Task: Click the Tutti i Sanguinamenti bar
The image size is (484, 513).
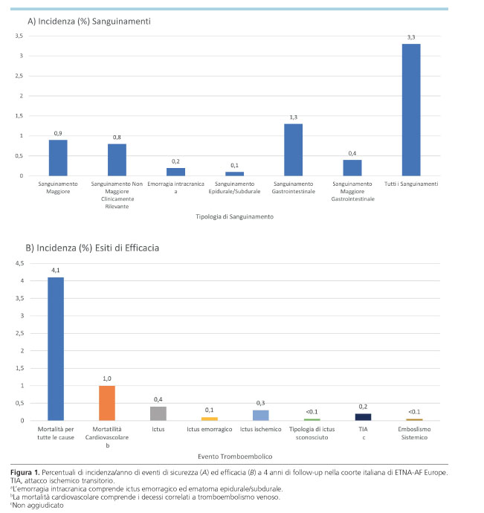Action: click(x=411, y=109)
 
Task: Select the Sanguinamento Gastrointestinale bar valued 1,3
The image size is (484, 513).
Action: click(x=293, y=149)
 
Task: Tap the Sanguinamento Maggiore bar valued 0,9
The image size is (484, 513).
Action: click(x=58, y=158)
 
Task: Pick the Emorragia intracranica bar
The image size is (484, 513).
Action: click(x=175, y=172)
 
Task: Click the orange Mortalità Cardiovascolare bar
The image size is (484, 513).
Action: click(x=106, y=403)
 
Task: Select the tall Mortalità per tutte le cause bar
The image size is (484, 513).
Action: click(x=55, y=349)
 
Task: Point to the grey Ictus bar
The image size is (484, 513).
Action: click(x=158, y=413)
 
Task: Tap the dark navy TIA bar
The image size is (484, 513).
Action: click(x=362, y=417)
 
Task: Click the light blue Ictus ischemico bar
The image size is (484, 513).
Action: click(x=259, y=416)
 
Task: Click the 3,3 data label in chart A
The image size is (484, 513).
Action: click(x=411, y=38)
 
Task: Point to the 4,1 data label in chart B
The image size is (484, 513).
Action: click(x=55, y=271)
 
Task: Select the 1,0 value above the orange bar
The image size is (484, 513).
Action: click(x=106, y=379)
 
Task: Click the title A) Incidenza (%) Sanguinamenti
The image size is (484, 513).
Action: click(x=88, y=22)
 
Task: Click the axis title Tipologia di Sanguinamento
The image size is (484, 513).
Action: click(x=234, y=216)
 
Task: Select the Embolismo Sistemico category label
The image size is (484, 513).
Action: click(x=414, y=433)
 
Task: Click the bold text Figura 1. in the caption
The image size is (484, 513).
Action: click(x=27, y=474)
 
